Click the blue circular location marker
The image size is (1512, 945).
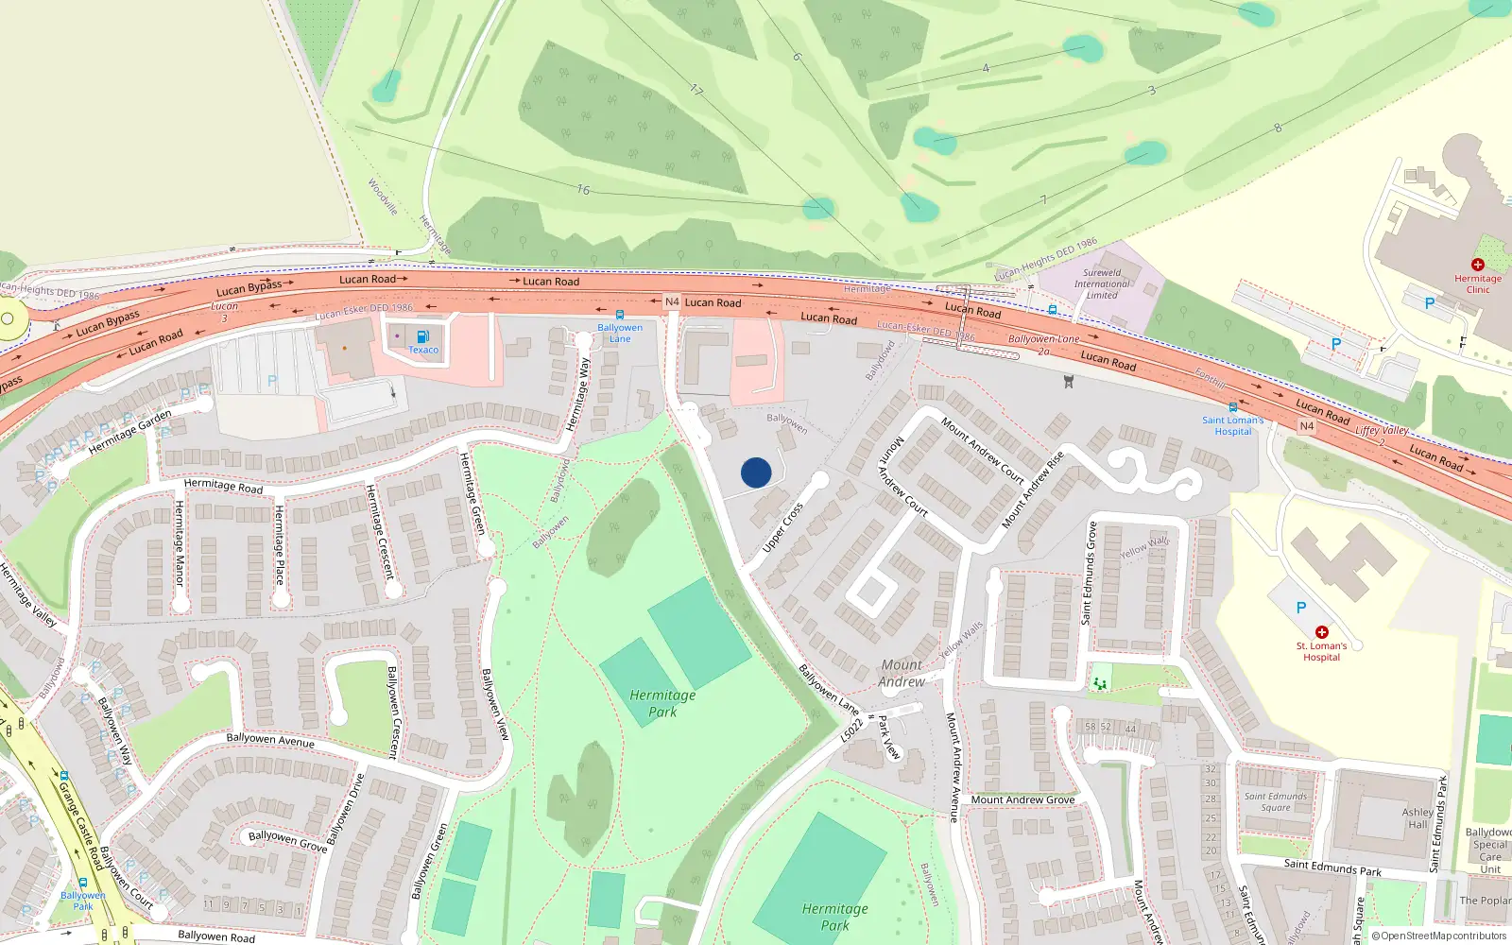[756, 472]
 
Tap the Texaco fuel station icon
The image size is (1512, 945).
[422, 336]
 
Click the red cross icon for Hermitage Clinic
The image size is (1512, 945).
[1478, 265]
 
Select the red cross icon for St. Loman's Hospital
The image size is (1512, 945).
[1321, 631]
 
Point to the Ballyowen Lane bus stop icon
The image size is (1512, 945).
[620, 315]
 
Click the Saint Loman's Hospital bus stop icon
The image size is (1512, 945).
[1232, 408]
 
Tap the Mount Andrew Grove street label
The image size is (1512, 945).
[1022, 799]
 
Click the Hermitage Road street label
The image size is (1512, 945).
[223, 486]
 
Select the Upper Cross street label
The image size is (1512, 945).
[782, 527]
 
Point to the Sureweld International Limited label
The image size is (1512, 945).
[1102, 283]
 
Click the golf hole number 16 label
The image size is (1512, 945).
[583, 190]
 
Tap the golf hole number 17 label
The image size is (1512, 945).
[696, 90]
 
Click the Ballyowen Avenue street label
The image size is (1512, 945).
[270, 740]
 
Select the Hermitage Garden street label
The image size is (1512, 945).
[130, 432]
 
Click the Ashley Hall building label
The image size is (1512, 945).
[1417, 817]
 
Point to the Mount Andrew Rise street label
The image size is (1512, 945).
[1033, 489]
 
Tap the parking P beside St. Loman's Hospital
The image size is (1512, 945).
[1301, 608]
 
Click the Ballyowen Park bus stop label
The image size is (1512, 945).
[83, 901]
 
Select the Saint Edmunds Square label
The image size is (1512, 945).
[1276, 801]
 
